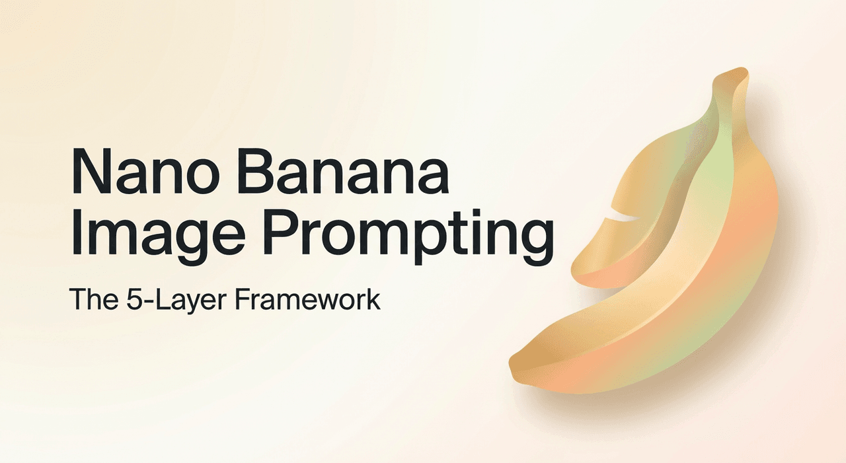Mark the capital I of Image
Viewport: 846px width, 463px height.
pyautogui.click(x=75, y=233)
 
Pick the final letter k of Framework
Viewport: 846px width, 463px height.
pyautogui.click(x=373, y=300)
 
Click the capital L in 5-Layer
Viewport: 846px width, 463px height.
pyautogui.click(x=161, y=300)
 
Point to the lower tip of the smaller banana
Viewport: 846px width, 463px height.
pyautogui.click(x=579, y=271)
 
